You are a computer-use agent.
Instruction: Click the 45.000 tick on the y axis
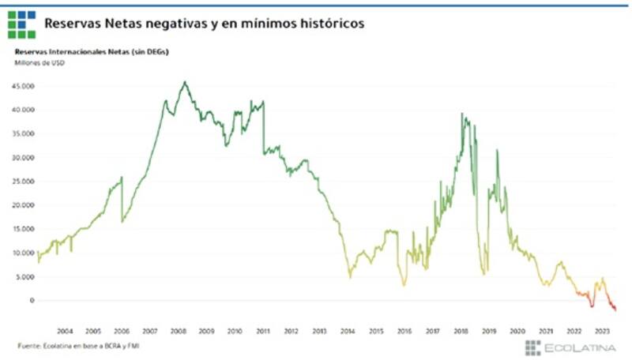coord(24,85)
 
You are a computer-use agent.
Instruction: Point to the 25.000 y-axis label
coord(24,181)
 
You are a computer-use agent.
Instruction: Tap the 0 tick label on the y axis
coord(32,300)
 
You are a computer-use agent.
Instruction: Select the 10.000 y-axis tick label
coord(24,253)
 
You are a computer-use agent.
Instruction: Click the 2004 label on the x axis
coord(65,330)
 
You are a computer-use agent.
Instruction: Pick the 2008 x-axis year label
coord(178,330)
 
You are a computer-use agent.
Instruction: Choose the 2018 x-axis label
coord(461,330)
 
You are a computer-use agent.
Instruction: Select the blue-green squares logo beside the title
coord(21,24)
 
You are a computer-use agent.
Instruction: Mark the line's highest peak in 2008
coord(184,81)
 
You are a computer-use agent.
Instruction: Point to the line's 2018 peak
coord(462,114)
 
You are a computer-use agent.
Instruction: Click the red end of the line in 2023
coord(615,309)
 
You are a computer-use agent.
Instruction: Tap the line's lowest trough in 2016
coord(404,284)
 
